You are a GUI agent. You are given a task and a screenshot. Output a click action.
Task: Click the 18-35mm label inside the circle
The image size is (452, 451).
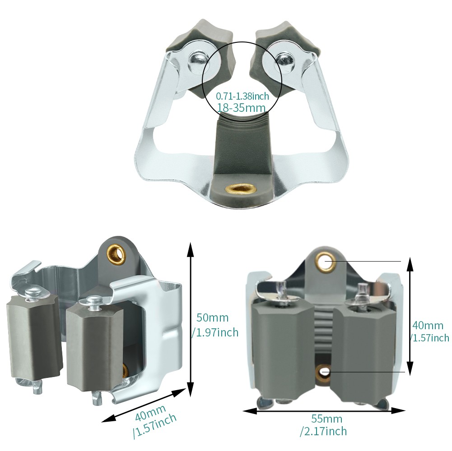pos(241,107)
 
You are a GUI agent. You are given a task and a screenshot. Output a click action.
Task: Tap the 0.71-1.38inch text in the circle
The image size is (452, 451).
pos(242,96)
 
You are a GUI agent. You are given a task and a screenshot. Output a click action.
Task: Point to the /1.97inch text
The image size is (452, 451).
pos(215,332)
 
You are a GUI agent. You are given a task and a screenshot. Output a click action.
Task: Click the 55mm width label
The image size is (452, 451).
pos(326,419)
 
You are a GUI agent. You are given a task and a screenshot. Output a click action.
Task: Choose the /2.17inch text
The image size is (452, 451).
pos(323,432)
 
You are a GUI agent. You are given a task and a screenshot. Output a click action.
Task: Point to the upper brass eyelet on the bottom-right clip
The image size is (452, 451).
pos(325,262)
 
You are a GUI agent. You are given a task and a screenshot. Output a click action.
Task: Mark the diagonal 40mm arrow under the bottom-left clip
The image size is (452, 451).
pos(144,406)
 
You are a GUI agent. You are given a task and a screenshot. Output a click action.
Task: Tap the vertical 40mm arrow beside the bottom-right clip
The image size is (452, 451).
pos(409,316)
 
